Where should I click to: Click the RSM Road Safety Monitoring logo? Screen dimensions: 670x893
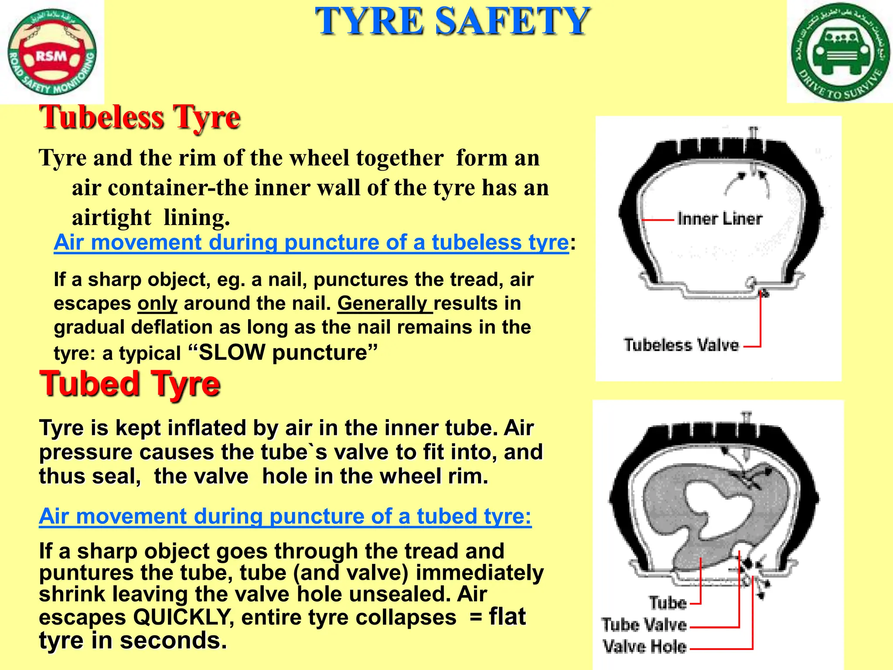[52, 52]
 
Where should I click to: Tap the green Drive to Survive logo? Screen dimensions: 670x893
[840, 51]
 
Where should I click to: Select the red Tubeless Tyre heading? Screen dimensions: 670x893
[140, 118]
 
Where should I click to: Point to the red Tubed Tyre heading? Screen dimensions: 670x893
[130, 384]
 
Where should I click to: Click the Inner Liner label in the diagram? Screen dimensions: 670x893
[719, 219]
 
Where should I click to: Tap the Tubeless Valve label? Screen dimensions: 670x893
[681, 345]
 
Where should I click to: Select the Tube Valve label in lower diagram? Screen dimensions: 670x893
[644, 625]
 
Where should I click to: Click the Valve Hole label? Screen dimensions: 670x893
[644, 646]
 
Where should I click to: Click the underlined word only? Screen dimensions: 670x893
[157, 304]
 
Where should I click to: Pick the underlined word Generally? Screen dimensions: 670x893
[383, 303]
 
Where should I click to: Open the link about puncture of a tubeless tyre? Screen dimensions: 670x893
[311, 243]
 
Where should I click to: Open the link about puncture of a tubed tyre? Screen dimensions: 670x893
[285, 516]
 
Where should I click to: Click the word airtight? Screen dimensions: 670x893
[112, 217]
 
